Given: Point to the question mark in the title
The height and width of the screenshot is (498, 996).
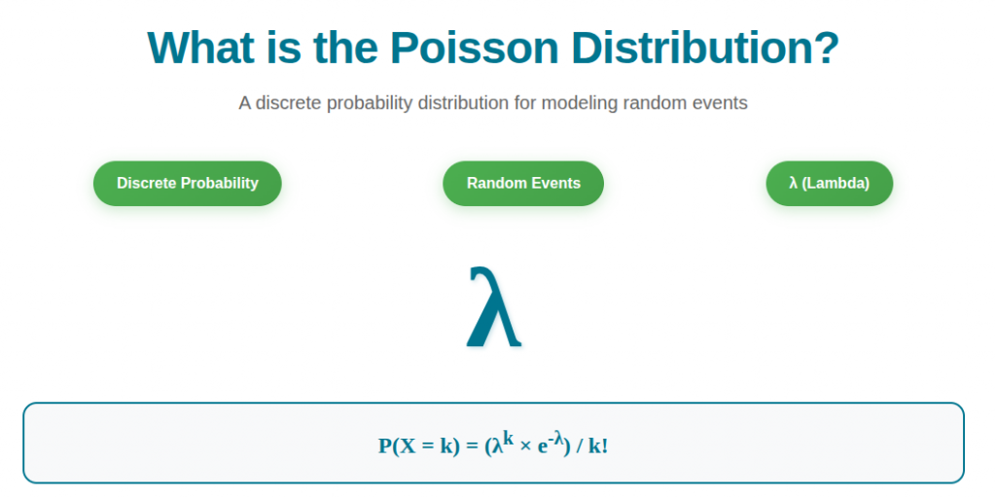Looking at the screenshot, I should (x=828, y=48).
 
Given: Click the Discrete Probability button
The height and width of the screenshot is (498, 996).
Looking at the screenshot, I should (x=188, y=183).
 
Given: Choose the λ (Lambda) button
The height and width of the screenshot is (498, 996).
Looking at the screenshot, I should (x=829, y=183).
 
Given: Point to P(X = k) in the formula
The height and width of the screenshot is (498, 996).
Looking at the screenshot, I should (x=418, y=446).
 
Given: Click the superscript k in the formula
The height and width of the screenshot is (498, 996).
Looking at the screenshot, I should (x=508, y=439).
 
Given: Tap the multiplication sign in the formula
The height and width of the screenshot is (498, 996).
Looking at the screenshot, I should (x=525, y=447).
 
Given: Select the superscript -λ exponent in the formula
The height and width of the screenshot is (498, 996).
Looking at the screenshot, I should (x=556, y=439).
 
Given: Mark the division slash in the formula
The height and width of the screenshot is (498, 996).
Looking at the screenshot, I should (x=580, y=446).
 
